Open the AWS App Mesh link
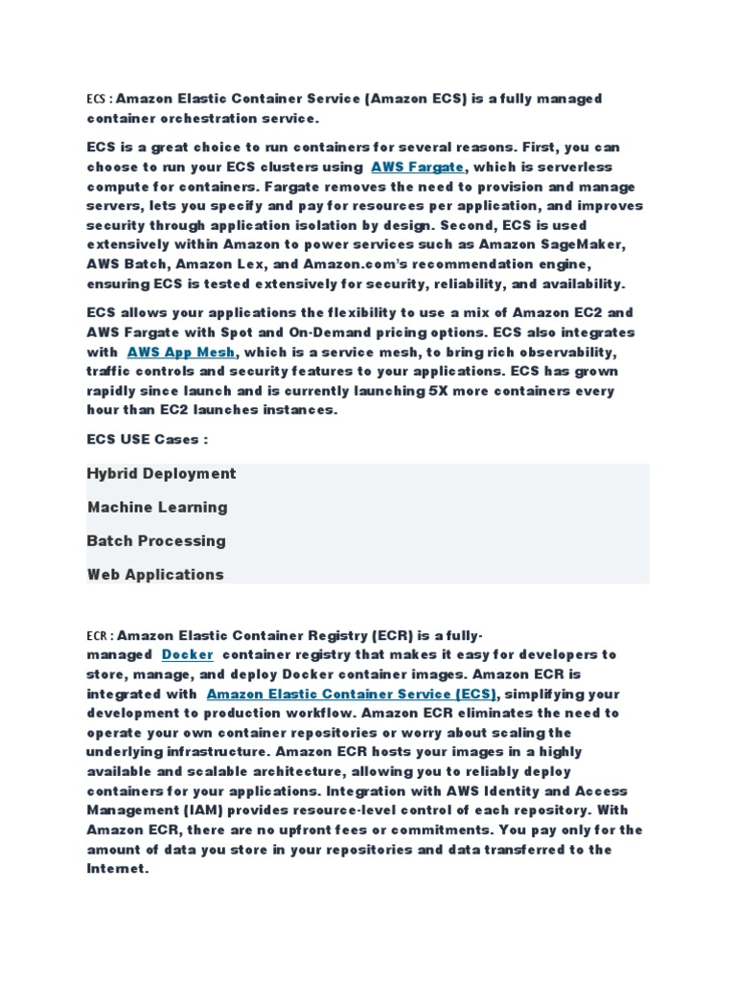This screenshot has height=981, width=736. (181, 352)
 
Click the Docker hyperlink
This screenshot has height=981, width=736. (187, 654)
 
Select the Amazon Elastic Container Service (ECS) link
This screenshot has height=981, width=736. (352, 694)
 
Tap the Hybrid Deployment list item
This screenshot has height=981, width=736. (161, 473)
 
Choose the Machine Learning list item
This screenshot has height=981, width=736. (157, 507)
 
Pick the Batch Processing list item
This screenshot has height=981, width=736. (156, 540)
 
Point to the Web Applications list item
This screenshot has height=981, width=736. (155, 575)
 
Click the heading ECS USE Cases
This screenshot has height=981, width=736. (148, 439)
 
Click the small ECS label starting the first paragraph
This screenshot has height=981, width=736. (95, 100)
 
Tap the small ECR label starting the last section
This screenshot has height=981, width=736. (97, 635)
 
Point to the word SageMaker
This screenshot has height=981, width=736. (591, 244)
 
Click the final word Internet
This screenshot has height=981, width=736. (117, 869)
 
